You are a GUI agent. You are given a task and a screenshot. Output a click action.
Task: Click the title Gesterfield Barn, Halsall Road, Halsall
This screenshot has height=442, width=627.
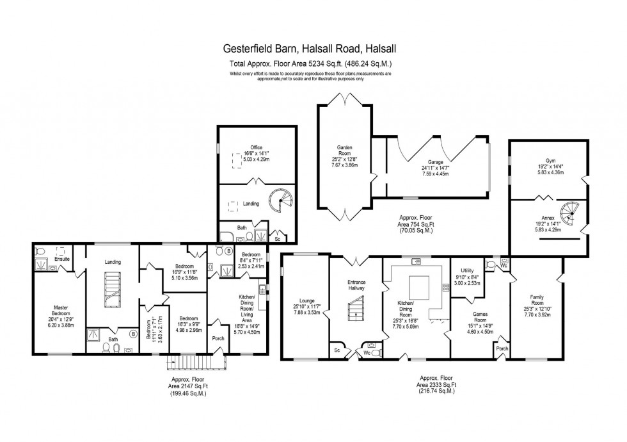point(310,47)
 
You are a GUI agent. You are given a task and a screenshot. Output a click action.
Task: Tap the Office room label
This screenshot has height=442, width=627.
point(257,148)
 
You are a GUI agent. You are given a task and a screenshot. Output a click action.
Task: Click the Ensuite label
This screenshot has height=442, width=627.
point(61,259)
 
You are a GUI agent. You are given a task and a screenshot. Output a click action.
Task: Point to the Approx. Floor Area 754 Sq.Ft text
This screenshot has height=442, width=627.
point(414,225)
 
